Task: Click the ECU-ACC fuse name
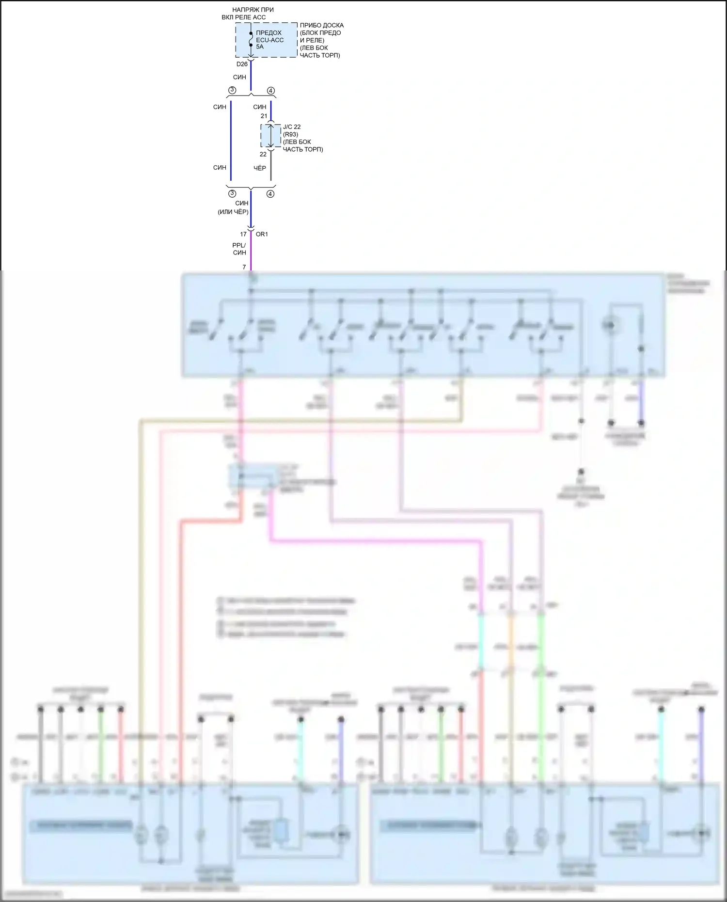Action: (269, 40)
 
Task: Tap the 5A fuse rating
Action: (260, 47)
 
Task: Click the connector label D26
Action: (242, 64)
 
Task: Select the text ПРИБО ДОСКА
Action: (321, 25)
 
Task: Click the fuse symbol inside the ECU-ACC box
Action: (251, 39)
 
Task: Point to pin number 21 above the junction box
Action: (264, 116)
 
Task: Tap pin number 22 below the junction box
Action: (263, 155)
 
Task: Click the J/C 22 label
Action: (292, 127)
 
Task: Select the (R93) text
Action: (290, 134)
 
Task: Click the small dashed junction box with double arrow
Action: (270, 136)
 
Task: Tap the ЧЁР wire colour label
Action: (260, 168)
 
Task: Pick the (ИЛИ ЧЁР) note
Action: (233, 212)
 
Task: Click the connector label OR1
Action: (262, 234)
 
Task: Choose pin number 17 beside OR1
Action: (243, 234)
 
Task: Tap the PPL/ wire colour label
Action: (239, 245)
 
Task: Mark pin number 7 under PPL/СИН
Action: (244, 267)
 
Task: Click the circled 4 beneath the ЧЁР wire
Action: (270, 194)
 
